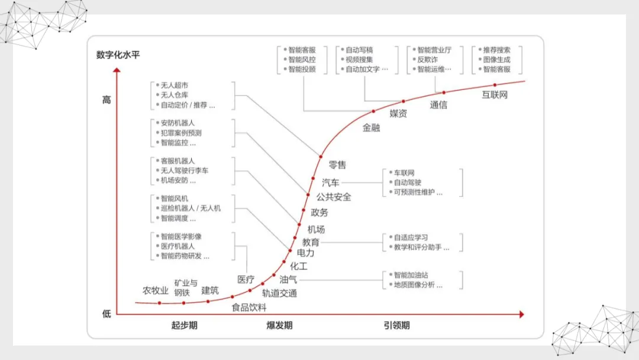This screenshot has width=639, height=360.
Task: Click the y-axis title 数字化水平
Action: pyautogui.click(x=118, y=56)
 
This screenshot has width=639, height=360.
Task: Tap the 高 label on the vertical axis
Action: pyautogui.click(x=106, y=100)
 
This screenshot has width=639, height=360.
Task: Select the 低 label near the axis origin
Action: pyautogui.click(x=106, y=314)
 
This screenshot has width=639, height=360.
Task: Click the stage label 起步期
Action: pyautogui.click(x=184, y=326)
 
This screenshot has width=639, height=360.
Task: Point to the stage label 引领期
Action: pyautogui.click(x=396, y=326)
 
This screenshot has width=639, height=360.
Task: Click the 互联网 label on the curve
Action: pyautogui.click(x=495, y=95)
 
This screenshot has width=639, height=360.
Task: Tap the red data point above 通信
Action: pyautogui.click(x=443, y=92)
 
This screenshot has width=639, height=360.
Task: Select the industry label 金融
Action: pyautogui.click(x=371, y=127)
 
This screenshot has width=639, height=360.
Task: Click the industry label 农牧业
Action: pyautogui.click(x=156, y=291)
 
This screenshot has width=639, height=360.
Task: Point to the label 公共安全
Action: pyautogui.click(x=334, y=197)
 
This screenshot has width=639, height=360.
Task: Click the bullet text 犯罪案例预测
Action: pyautogui.click(x=181, y=133)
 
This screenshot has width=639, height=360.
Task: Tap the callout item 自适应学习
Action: pyautogui.click(x=411, y=237)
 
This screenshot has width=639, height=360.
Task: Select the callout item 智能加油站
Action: pyautogui.click(x=411, y=275)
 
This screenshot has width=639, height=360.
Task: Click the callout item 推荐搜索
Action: pyautogui.click(x=496, y=50)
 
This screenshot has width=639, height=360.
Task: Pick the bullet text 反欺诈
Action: pyautogui.click(x=427, y=60)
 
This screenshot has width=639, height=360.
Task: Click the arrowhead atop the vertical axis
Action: pyautogui.click(x=117, y=72)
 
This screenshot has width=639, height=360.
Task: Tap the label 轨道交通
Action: pyautogui.click(x=280, y=293)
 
